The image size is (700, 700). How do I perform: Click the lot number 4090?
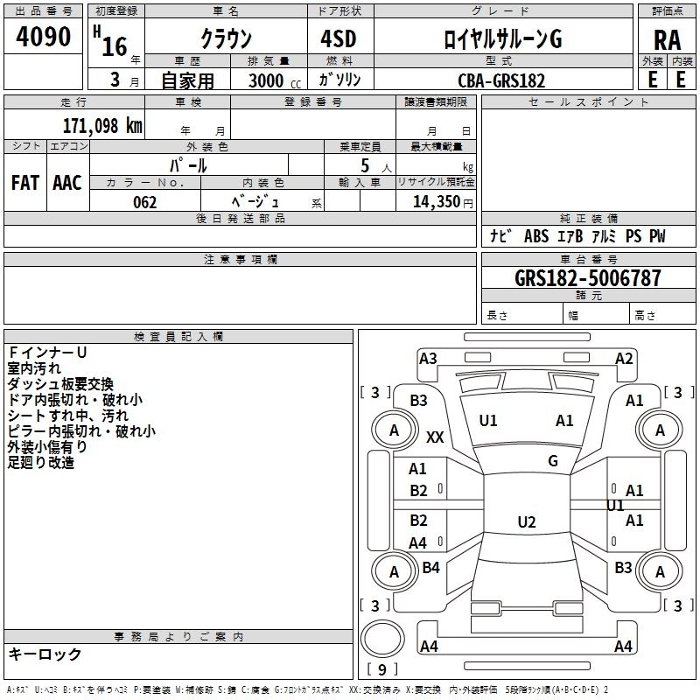click(44, 37)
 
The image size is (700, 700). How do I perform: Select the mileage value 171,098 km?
click(102, 125)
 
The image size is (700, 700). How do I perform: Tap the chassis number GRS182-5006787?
click(588, 278)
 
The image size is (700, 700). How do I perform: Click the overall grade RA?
click(667, 40)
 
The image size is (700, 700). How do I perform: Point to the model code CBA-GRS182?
click(501, 80)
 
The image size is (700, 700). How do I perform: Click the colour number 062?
click(145, 202)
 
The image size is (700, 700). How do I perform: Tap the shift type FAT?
click(24, 183)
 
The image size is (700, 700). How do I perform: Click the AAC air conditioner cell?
click(67, 183)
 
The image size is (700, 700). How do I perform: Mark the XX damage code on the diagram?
click(435, 437)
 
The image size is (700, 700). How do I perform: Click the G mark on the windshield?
click(552, 461)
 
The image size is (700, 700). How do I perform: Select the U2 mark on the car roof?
click(526, 522)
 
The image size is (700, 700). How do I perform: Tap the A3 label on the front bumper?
click(428, 358)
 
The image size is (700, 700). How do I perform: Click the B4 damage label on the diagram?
click(430, 568)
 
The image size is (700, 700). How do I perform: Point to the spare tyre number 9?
click(381, 669)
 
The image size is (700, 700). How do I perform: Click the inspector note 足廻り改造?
click(40, 462)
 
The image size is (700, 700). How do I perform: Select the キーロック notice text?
click(45, 654)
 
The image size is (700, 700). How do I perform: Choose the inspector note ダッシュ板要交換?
click(60, 384)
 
